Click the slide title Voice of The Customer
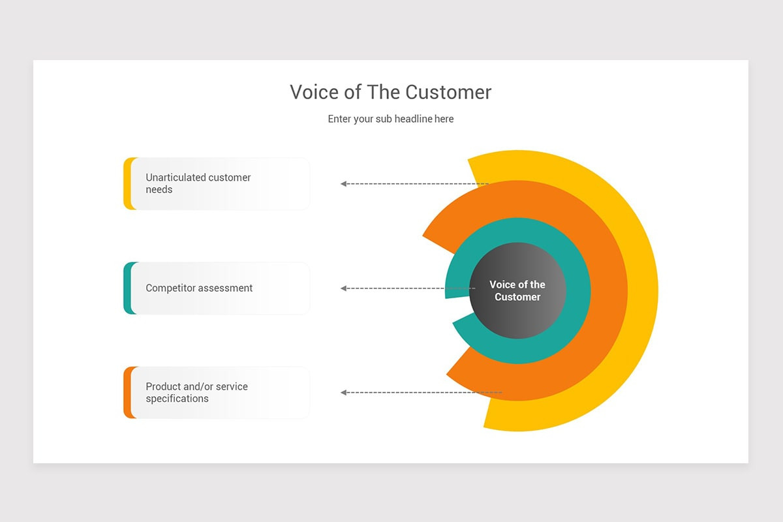(x=390, y=92)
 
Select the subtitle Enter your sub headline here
(x=390, y=119)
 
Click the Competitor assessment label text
(x=199, y=288)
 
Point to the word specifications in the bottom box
(x=177, y=399)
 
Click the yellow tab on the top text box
(x=127, y=183)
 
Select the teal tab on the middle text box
(x=127, y=288)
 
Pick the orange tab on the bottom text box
(x=127, y=392)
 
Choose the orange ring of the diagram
(x=610, y=290)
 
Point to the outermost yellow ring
(x=643, y=290)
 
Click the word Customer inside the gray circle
(x=517, y=297)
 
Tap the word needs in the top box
(x=159, y=190)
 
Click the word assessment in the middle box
(x=225, y=288)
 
